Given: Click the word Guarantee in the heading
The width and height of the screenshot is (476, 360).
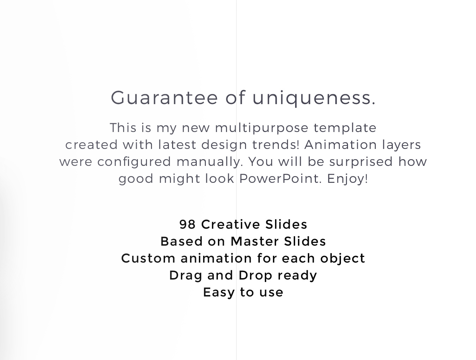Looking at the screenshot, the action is [164, 98].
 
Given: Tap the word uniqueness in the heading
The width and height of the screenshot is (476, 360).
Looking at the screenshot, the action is [314, 98].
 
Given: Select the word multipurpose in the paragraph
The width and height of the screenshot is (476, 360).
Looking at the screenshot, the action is [262, 128].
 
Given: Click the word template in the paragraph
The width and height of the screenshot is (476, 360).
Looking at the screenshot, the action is [345, 128].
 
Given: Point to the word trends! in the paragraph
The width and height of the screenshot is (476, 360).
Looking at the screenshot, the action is [276, 144].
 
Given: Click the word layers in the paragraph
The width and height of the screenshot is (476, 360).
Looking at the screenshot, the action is [401, 145].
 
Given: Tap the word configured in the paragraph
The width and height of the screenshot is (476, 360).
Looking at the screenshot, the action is [134, 162].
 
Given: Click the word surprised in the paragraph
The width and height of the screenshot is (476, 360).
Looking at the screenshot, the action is [361, 162].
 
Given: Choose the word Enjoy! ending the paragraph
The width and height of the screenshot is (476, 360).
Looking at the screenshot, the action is [347, 179].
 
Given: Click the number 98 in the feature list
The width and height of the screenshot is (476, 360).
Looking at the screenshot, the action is [188, 224].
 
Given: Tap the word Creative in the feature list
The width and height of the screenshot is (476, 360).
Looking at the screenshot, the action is [231, 224].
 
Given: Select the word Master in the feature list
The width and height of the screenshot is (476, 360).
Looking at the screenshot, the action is [254, 241].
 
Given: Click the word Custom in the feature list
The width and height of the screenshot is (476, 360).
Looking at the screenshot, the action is [148, 258].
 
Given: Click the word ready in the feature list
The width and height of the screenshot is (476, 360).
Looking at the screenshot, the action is [297, 276].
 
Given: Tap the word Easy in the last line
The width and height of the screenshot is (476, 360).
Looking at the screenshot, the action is [219, 293].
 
